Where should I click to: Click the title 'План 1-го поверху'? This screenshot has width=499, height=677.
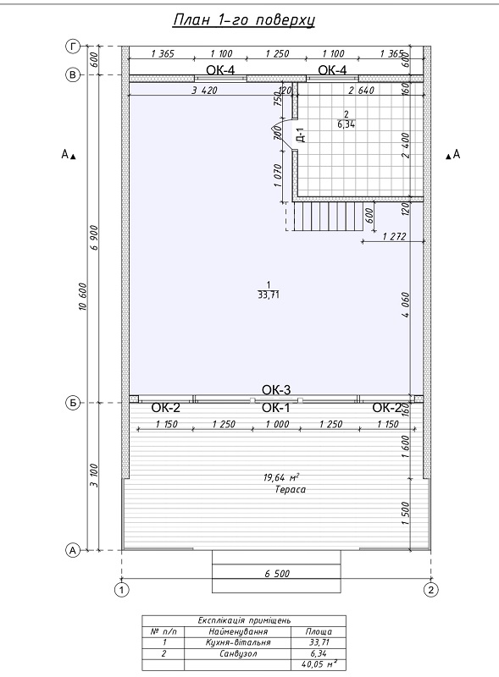(244, 20)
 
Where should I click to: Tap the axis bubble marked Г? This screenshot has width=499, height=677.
(73, 46)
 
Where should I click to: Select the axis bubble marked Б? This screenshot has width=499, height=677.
(73, 403)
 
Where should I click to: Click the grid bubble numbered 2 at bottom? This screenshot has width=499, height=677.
(430, 589)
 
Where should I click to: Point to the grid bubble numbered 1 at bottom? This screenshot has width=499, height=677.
(122, 589)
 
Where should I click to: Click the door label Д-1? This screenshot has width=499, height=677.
(302, 135)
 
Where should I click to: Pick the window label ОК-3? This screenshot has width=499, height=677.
(276, 389)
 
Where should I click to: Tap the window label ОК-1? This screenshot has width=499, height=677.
(276, 408)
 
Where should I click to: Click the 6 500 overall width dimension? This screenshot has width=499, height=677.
(277, 574)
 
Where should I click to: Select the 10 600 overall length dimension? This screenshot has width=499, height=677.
(84, 297)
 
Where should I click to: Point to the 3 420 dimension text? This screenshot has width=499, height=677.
(204, 90)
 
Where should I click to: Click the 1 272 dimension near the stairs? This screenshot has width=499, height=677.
(394, 236)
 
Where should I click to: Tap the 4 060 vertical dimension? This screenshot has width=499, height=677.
(405, 305)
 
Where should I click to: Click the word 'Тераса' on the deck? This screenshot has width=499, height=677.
(290, 490)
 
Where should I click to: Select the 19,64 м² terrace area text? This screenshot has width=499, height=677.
(281, 477)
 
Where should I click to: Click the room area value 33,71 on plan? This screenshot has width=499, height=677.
(269, 295)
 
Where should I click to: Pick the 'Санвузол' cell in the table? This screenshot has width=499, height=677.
(238, 653)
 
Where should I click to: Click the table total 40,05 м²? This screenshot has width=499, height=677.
(319, 664)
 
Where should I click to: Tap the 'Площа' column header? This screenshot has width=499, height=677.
(319, 631)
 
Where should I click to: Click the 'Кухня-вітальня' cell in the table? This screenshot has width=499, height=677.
(238, 642)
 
